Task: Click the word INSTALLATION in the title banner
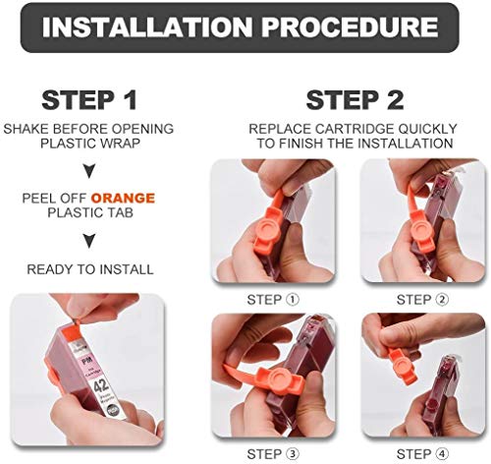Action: (x=147, y=27)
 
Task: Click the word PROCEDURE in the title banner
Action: (x=350, y=27)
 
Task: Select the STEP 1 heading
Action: (x=89, y=100)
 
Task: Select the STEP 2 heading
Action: (x=355, y=100)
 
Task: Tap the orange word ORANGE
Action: (x=123, y=199)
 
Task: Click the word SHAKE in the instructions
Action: (x=26, y=129)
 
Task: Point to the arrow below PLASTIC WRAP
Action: (x=89, y=171)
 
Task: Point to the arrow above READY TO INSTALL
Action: (x=89, y=241)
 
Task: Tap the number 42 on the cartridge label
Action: (x=101, y=385)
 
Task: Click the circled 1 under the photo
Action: (x=293, y=300)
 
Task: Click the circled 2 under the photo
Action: (x=442, y=300)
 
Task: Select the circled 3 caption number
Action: (x=293, y=454)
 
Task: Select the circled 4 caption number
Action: (x=442, y=454)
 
